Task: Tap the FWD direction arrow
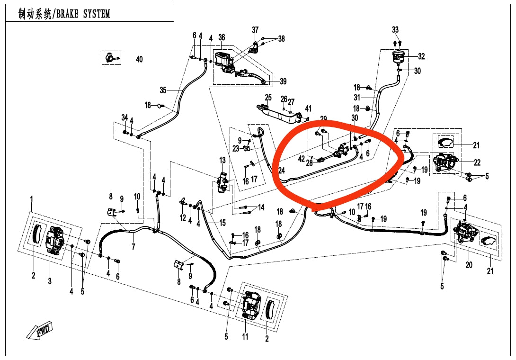[x=40, y=330]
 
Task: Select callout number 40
[x=139, y=60]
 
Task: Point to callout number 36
[x=222, y=37]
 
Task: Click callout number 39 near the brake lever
[x=283, y=81]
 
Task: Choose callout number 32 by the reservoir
[x=421, y=56]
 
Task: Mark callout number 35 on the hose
[x=163, y=90]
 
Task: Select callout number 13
[x=222, y=160]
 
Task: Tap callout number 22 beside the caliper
[x=477, y=162]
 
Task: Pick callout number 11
[x=245, y=337]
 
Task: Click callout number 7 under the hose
[x=133, y=247]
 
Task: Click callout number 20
[x=469, y=265]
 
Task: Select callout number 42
[x=302, y=159]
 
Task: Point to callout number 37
[x=255, y=30]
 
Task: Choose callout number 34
[x=125, y=117]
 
